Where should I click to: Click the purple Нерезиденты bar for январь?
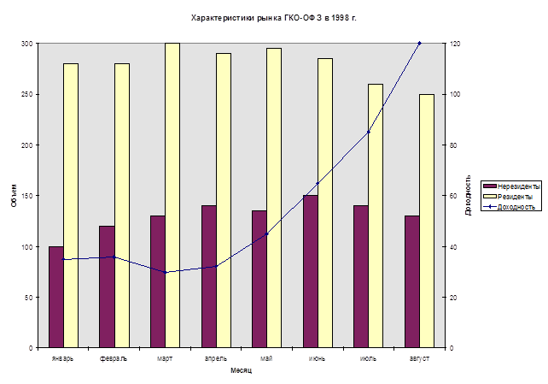pyautogui.click(x=56, y=297)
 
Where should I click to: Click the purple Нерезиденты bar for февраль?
pyautogui.click(x=107, y=287)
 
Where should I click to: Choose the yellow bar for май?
pyautogui.click(x=274, y=198)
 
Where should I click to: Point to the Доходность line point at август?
pyautogui.click(x=419, y=44)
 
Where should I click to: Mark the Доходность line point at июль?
pyautogui.click(x=368, y=132)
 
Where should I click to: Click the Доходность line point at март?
pyautogui.click(x=166, y=272)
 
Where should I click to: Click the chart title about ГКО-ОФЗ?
pyautogui.click(x=274, y=17)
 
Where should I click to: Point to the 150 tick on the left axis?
pyautogui.click(x=27, y=196)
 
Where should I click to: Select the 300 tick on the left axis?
pyautogui.click(x=27, y=44)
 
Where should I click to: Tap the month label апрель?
pyautogui.click(x=215, y=357)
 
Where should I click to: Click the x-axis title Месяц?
pyautogui.click(x=241, y=370)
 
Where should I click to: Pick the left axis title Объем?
pyautogui.click(x=14, y=196)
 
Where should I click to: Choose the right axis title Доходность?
pyautogui.click(x=468, y=196)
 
